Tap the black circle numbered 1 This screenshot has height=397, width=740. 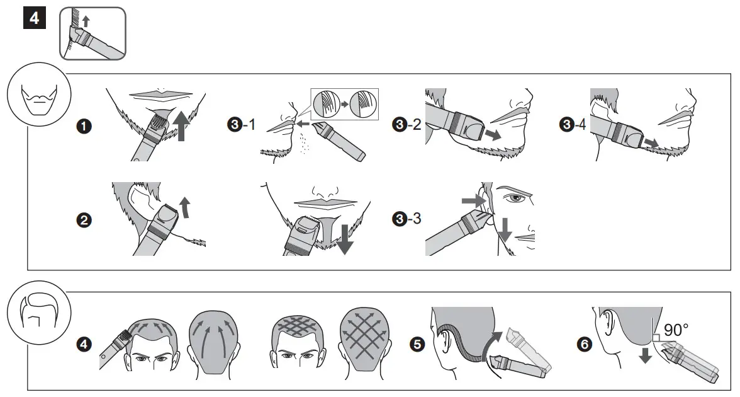82,126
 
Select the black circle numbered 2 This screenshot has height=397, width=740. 82,221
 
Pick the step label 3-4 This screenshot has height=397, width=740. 572,125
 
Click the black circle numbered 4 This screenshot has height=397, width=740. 82,344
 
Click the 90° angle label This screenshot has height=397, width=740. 676,329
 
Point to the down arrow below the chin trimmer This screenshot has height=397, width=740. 344,238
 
